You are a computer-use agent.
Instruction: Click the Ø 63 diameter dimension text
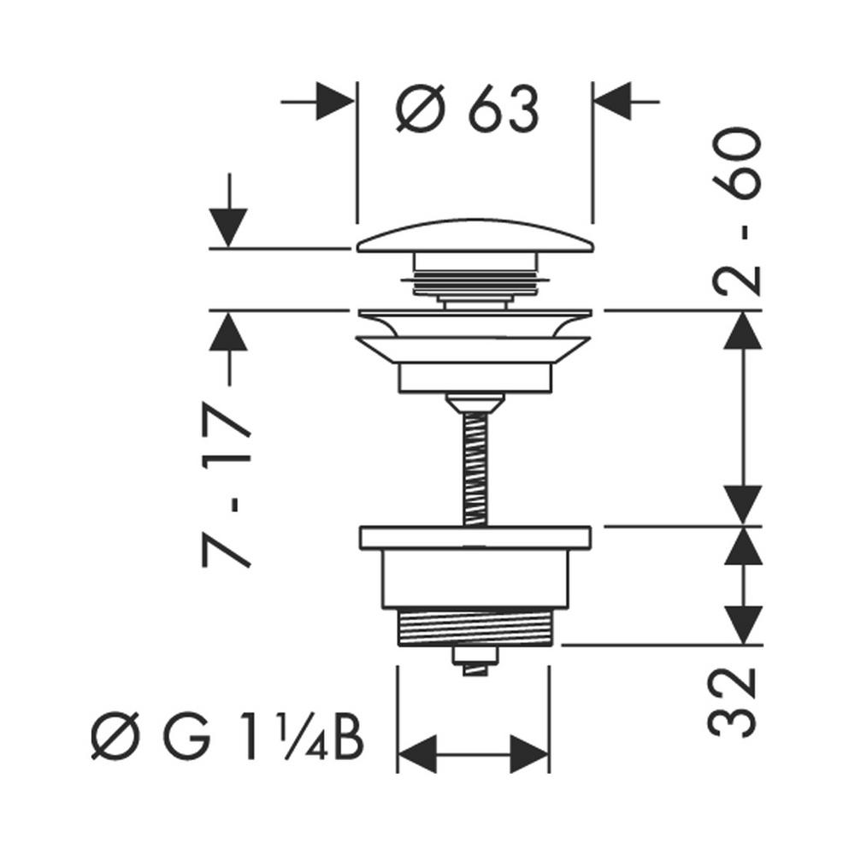(468, 109)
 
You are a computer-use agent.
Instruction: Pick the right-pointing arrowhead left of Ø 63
(336, 101)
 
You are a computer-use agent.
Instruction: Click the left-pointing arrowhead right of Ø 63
(612, 101)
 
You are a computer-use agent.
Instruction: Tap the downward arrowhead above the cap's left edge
(228, 227)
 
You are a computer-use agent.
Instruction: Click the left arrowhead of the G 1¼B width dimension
(419, 752)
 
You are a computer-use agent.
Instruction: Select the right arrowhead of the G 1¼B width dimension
(527, 752)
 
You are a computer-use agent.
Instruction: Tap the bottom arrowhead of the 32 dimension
(743, 623)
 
